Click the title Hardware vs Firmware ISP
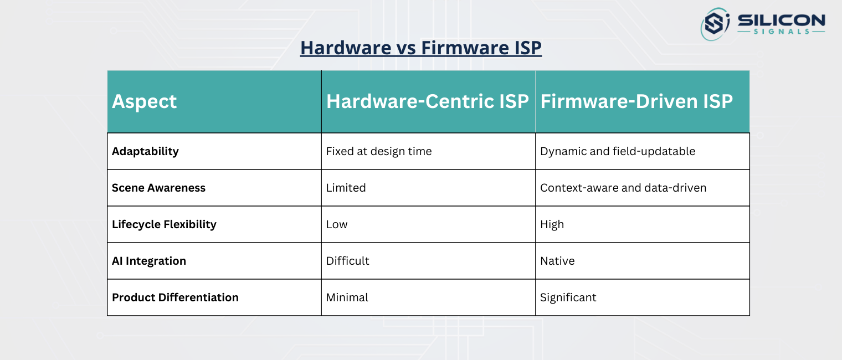420,48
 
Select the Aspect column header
145,101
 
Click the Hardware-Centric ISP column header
428,101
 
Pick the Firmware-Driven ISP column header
636,101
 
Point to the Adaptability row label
145,151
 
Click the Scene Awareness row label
158,188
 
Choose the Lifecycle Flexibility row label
164,224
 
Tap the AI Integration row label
149,261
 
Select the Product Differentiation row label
175,297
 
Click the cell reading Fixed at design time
379,151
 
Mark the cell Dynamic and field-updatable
618,151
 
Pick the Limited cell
346,188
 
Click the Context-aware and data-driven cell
623,188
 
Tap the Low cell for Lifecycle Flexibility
337,224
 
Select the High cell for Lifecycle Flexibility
552,224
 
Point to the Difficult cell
348,261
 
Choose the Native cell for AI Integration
557,261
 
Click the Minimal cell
347,297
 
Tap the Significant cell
568,297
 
